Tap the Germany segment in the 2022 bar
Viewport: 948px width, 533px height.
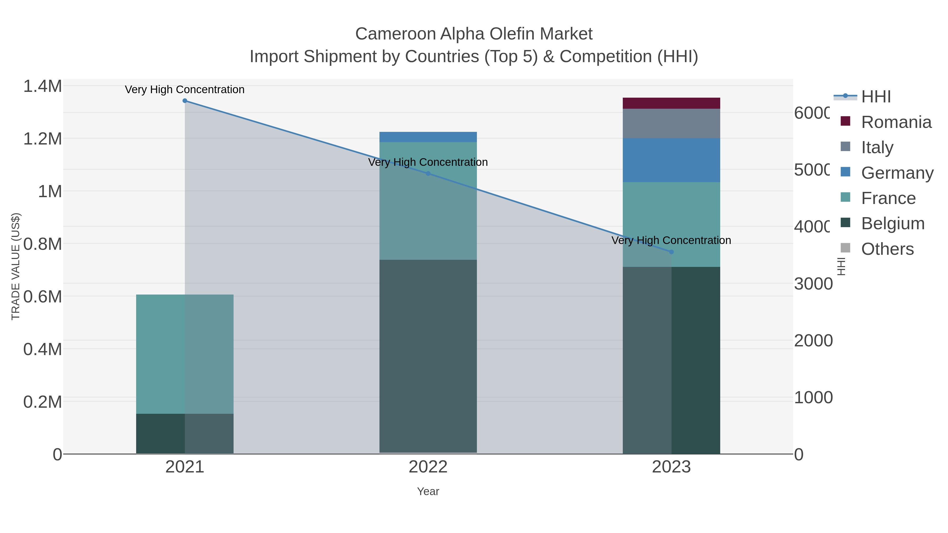[x=428, y=137]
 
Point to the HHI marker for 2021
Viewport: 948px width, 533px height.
[x=185, y=101]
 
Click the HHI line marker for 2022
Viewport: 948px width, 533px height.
[x=428, y=173]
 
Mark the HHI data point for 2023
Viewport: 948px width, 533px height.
[x=671, y=252]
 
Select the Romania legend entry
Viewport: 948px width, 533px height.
[x=896, y=122]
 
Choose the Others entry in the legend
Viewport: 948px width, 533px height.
[x=887, y=249]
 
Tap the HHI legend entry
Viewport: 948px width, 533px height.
[x=876, y=97]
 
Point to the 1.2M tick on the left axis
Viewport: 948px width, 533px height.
[x=43, y=139]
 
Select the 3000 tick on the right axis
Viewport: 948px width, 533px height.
[x=813, y=284]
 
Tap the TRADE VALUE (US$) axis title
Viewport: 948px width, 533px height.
[x=16, y=266]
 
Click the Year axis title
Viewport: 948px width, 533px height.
[x=428, y=491]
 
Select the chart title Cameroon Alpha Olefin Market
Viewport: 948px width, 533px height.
[x=474, y=34]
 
